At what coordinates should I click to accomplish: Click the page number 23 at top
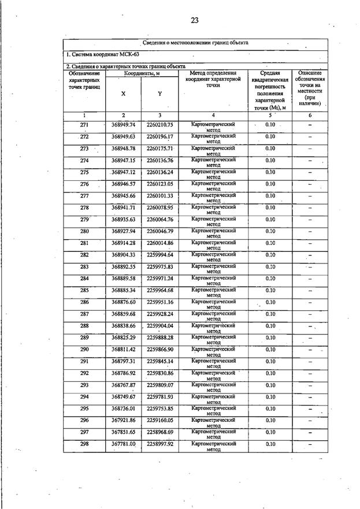pyautogui.click(x=194, y=21)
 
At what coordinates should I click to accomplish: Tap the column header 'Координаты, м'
pyautogui.click(x=142, y=73)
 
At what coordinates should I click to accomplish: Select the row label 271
pyautogui.click(x=84, y=125)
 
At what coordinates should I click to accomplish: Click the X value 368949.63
pyautogui.click(x=123, y=136)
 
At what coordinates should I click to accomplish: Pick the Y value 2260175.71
pyautogui.click(x=160, y=148)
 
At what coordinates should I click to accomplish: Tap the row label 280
pyautogui.click(x=84, y=231)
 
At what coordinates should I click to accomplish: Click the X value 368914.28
pyautogui.click(x=123, y=243)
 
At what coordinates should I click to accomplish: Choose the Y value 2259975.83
pyautogui.click(x=160, y=267)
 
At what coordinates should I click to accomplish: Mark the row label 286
pyautogui.click(x=84, y=302)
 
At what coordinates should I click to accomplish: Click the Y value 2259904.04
pyautogui.click(x=160, y=326)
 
